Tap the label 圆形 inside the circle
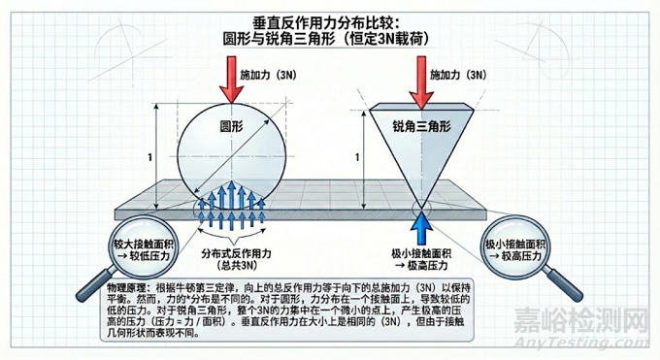pyautogui.click(x=232, y=127)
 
